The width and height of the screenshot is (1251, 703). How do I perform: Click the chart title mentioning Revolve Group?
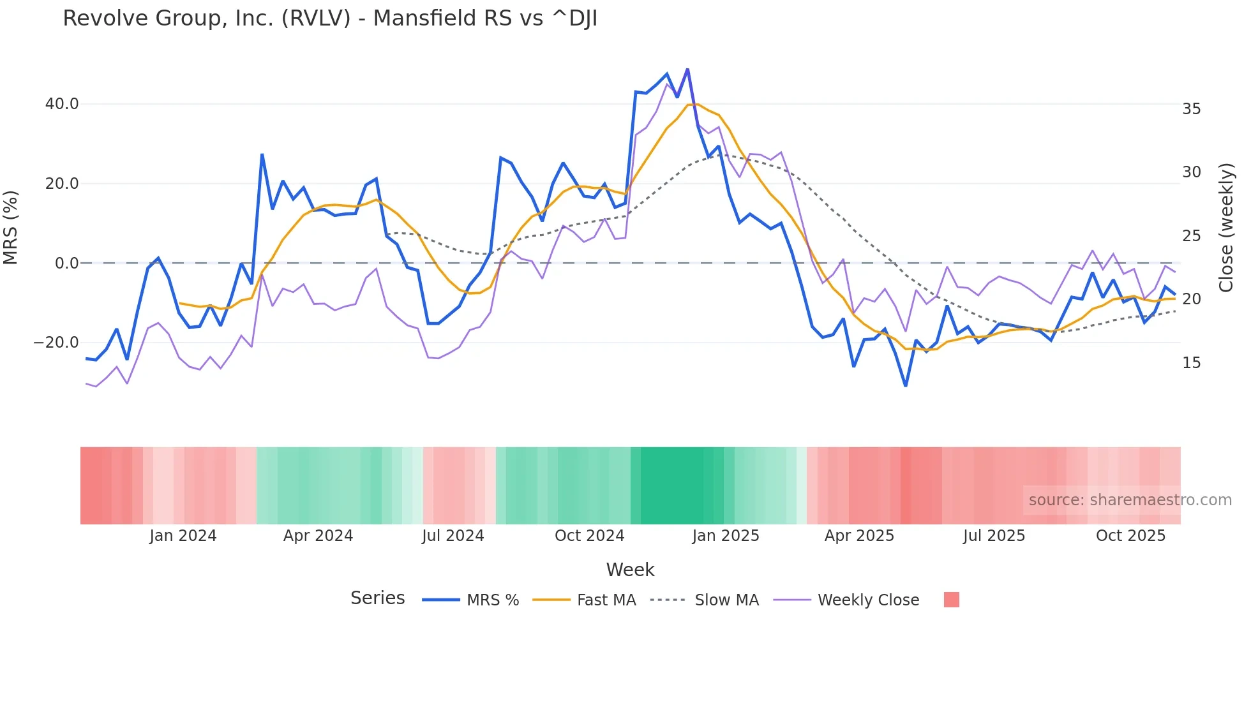tap(330, 18)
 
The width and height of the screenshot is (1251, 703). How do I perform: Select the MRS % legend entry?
tap(492, 600)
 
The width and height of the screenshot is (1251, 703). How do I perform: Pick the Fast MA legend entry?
tap(606, 600)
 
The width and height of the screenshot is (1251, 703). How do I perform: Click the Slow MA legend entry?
tap(726, 600)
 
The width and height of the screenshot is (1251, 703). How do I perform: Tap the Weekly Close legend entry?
tap(868, 600)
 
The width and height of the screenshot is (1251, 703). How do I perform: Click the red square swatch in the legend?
tap(951, 600)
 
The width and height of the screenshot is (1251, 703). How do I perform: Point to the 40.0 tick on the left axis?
tap(62, 104)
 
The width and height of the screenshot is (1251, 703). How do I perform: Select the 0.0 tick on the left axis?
tap(66, 263)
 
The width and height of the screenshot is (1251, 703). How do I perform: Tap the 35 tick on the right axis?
tap(1191, 109)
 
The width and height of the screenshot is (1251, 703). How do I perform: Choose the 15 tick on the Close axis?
tap(1191, 363)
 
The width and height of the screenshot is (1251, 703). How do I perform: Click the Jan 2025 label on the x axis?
tap(726, 536)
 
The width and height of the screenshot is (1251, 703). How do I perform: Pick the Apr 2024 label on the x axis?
tap(318, 536)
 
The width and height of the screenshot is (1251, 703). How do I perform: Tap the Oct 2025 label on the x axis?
tap(1130, 536)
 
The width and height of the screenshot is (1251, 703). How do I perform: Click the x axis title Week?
tap(630, 570)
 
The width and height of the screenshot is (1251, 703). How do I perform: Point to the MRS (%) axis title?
tap(11, 227)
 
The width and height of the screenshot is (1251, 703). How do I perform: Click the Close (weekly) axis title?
tap(1226, 227)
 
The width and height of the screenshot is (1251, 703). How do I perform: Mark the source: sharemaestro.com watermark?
tap(1130, 500)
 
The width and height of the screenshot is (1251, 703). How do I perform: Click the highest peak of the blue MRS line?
tap(687, 69)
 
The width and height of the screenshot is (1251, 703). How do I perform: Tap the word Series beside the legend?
tap(377, 598)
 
